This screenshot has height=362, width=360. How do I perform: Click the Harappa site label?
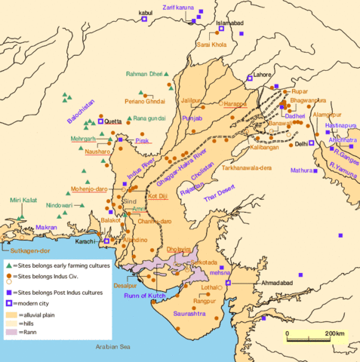click(x=235, y=104)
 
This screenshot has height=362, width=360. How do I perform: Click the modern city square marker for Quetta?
click(x=100, y=121)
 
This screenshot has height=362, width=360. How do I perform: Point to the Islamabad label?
click(x=233, y=23)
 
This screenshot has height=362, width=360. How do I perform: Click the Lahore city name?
click(x=263, y=75)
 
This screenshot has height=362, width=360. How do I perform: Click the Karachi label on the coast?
click(x=88, y=241)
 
